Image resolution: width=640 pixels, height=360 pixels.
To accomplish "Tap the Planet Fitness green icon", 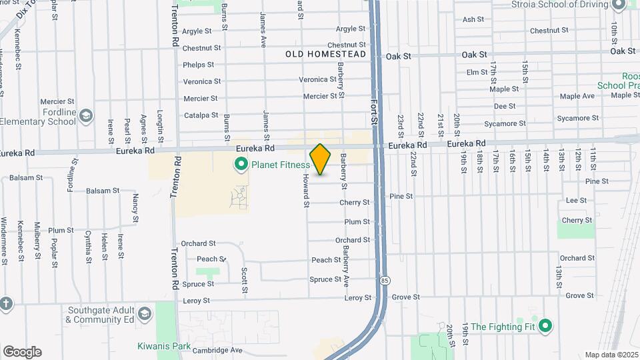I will click(x=241, y=164).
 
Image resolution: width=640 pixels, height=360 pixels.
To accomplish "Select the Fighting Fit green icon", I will click(x=546, y=326).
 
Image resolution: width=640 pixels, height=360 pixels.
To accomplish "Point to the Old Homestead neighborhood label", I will click(x=326, y=54).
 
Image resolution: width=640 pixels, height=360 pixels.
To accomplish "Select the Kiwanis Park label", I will click(x=164, y=346).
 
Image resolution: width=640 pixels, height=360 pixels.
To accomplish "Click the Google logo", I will click(x=22, y=352).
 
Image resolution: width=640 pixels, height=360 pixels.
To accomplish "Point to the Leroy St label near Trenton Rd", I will click(x=198, y=301).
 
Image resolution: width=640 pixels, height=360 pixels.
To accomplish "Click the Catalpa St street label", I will click(x=201, y=115).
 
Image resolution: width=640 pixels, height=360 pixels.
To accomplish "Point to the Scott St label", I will click(x=245, y=280).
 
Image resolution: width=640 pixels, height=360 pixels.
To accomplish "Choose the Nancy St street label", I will click(x=135, y=207).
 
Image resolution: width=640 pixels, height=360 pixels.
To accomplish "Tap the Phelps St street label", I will click(x=199, y=65).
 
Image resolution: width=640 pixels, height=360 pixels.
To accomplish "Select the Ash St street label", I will click(x=473, y=19).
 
